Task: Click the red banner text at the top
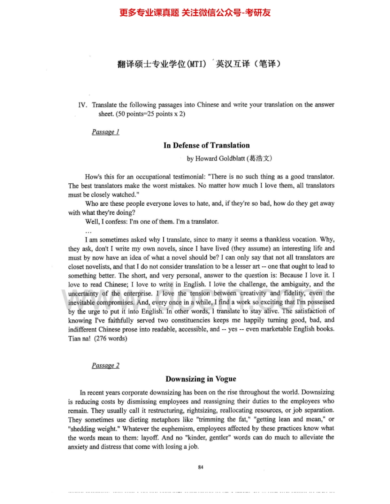pyautogui.click(x=195, y=13)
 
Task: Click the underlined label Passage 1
pyautogui.click(x=105, y=132)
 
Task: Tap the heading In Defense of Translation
pyautogui.click(x=206, y=145)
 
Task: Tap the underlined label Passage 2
pyautogui.click(x=105, y=366)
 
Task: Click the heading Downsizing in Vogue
pyautogui.click(x=201, y=379)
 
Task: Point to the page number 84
pyautogui.click(x=201, y=467)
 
